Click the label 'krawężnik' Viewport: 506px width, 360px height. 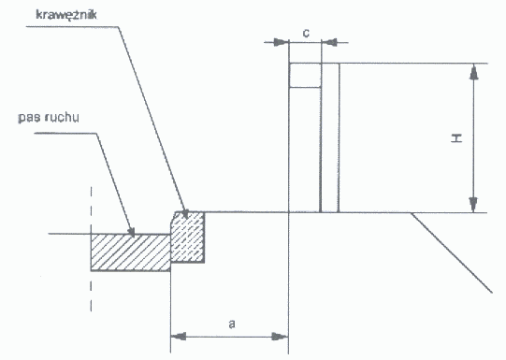point(66,15)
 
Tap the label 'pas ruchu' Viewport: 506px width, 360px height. point(49,118)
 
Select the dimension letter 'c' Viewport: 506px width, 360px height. point(306,33)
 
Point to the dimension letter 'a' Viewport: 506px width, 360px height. point(231,324)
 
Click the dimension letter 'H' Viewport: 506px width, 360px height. point(456,138)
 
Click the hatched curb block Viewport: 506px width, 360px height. point(187,238)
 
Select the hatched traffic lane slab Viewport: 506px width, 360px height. point(130,252)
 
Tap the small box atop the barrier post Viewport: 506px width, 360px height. point(305,75)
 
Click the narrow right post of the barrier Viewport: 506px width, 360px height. point(330,137)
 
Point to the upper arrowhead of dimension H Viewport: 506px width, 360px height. point(473,72)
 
